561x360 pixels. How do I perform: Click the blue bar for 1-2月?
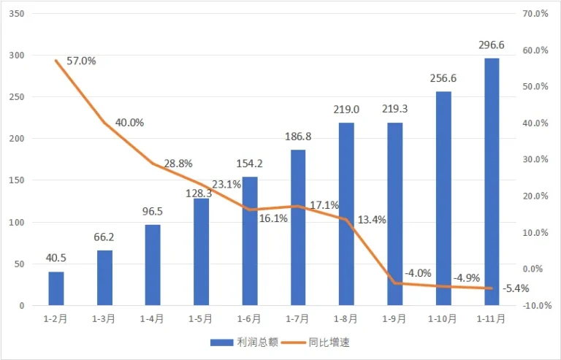(56, 288)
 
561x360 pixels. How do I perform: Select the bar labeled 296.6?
(491, 182)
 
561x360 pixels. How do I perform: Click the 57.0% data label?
(81, 61)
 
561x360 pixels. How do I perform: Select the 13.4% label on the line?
(372, 220)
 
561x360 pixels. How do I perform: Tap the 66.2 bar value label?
(105, 237)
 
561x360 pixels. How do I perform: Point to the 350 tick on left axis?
(18, 14)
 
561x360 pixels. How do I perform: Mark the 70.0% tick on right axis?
(535, 14)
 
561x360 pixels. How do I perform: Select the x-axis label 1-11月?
(491, 318)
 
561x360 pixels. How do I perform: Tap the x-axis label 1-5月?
(201, 318)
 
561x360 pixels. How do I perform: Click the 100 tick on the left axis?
(18, 222)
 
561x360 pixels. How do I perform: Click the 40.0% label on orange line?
(129, 122)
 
